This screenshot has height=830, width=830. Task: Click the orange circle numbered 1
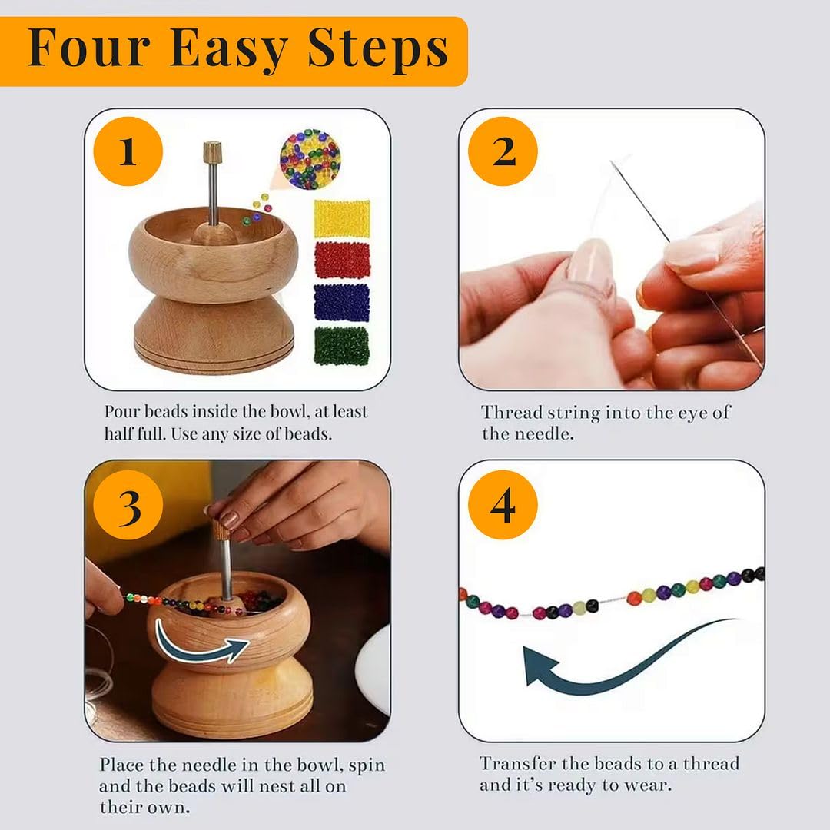tap(128, 152)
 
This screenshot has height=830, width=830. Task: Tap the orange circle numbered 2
tap(503, 152)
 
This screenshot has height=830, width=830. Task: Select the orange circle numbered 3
tap(128, 505)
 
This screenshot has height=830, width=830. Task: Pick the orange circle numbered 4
tap(503, 505)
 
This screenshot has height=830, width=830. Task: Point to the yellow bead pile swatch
tap(341, 218)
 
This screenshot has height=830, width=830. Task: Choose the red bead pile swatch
tap(341, 260)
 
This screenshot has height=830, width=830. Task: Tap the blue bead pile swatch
tap(341, 302)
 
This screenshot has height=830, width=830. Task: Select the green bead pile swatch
tap(341, 345)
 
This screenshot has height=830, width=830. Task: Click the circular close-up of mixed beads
tap(310, 159)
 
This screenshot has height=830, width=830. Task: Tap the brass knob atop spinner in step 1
tap(212, 150)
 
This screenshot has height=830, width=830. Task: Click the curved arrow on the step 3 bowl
tap(201, 646)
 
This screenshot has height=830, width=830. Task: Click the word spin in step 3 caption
tap(369, 765)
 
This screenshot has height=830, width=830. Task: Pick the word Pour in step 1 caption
tap(121, 412)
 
